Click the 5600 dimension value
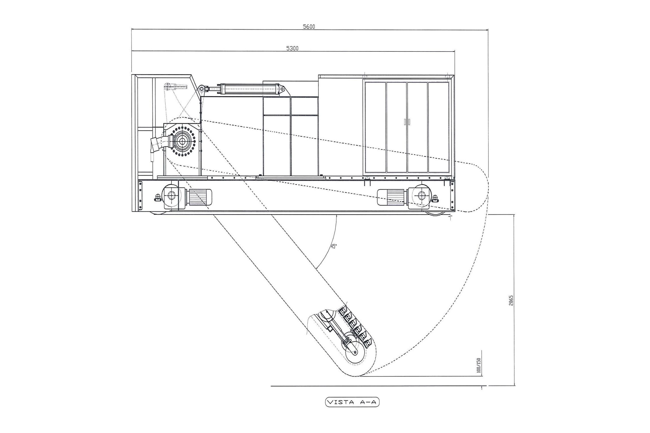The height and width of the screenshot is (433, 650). [x=309, y=27]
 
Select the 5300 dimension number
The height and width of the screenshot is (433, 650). [x=292, y=48]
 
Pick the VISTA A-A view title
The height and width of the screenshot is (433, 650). [x=352, y=402]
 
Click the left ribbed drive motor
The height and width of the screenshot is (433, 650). [x=200, y=197]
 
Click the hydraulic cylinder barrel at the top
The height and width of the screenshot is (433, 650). [x=251, y=89]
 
